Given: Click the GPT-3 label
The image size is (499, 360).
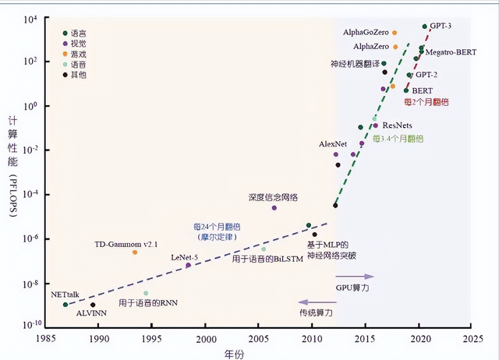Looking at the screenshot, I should (441, 26).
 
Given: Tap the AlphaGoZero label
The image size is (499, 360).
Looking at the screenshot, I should (366, 33).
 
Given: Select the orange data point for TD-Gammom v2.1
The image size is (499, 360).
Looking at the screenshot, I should (135, 252).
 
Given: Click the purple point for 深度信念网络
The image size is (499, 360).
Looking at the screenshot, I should (274, 208).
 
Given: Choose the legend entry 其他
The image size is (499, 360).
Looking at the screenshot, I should (79, 74).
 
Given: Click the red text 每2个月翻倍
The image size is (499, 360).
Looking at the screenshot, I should (426, 102).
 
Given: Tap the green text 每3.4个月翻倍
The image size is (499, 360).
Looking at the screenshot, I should (398, 138).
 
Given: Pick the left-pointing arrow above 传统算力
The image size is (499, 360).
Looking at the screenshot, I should (315, 301).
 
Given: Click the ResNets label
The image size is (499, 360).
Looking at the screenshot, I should (398, 125).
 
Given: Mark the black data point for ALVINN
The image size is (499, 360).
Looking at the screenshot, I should (93, 305).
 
